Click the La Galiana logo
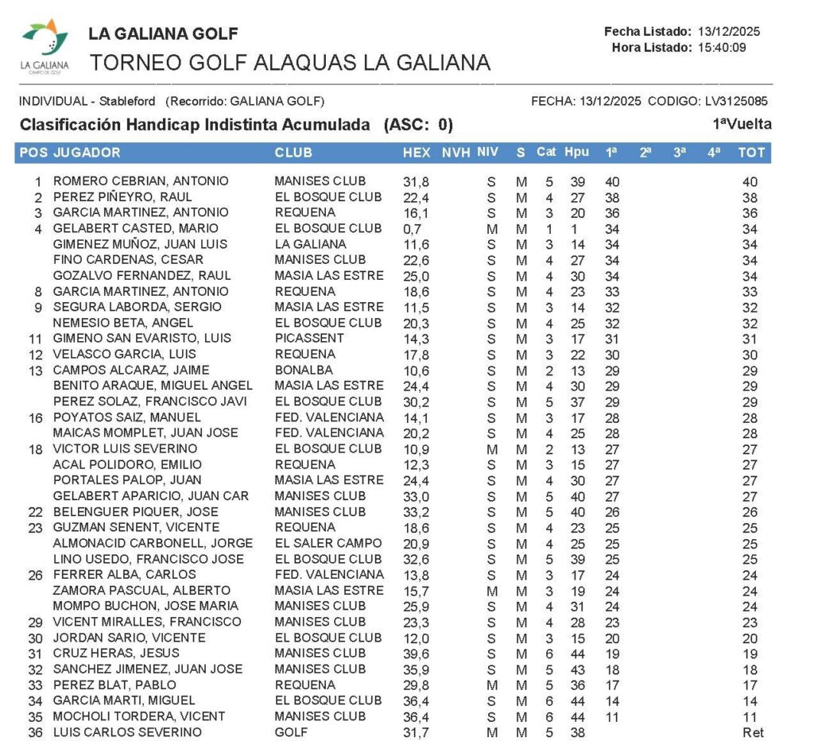pos(45,46)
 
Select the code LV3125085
pos(735,101)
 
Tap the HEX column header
pos(417,153)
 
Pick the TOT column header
pos(750,153)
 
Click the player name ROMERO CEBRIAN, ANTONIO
pos(141,181)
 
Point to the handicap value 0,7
pos(412,228)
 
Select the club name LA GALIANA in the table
pos(310,244)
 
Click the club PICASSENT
pos(306,338)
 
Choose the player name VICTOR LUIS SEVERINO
pos(125,448)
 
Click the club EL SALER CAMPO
pos(328,543)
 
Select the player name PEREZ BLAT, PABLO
pos(114,685)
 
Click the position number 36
pos(35,732)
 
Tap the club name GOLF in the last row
pos(291,732)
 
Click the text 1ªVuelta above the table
pos(742,124)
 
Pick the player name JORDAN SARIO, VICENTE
pos(129,638)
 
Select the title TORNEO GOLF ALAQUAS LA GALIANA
pos(289,62)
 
